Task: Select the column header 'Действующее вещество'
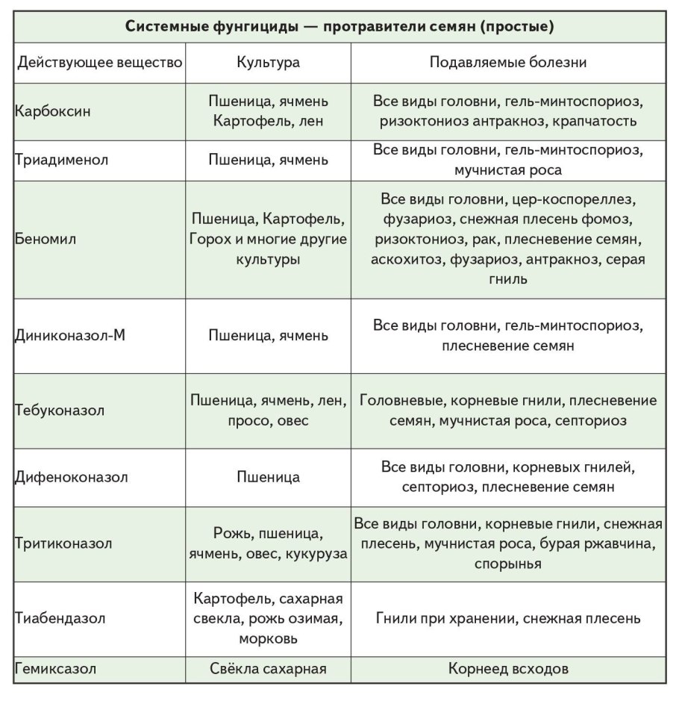point(99,63)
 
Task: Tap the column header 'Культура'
point(268,63)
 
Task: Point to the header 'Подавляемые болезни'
point(507,63)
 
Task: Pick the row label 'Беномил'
point(45,240)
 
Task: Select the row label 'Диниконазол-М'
point(69,335)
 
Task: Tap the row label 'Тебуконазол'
point(59,411)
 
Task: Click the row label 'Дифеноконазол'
point(71,477)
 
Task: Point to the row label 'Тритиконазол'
point(63,543)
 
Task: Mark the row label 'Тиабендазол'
point(60,618)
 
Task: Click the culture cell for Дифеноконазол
point(268,477)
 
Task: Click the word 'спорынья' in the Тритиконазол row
point(507,564)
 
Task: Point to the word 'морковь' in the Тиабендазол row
point(268,639)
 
